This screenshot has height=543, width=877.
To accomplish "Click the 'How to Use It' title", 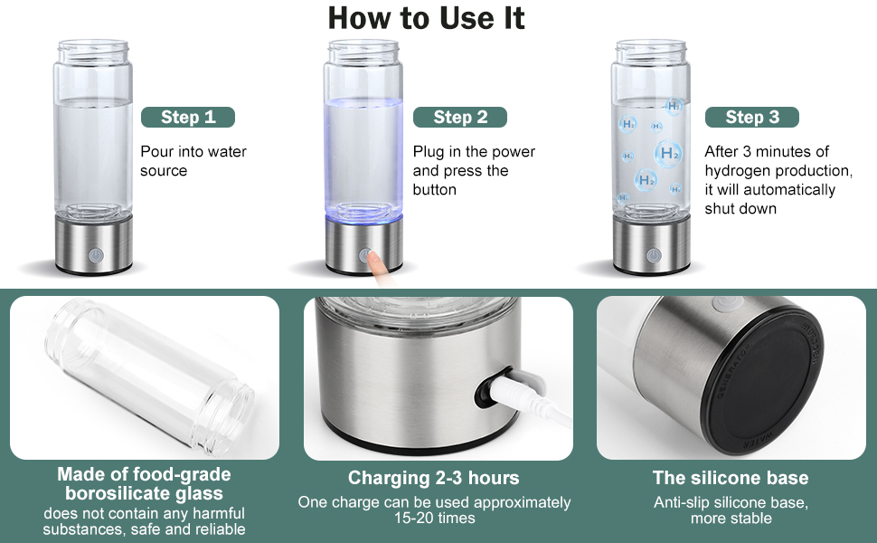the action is point(426,18).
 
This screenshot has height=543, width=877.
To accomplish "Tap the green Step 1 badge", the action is point(188,117).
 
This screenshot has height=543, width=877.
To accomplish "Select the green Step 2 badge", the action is point(460,117).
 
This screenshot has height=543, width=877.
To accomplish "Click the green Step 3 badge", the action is point(752,117).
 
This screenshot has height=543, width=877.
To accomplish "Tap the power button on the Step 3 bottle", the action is point(654,256).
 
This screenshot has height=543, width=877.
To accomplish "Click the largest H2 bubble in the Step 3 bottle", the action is point(668,153).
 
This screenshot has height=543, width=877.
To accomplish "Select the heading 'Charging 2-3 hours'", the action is point(433,478).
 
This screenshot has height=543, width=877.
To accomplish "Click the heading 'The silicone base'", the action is point(731,478).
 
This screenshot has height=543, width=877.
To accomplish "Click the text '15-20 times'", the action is point(435,518).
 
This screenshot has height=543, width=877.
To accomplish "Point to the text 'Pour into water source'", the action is point(193,161).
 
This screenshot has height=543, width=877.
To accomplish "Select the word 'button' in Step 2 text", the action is point(435,190).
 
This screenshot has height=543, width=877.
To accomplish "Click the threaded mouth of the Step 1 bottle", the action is point(93,52).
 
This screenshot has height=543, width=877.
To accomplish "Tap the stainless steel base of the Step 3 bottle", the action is point(651,245).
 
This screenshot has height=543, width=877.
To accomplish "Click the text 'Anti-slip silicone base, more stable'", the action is point(731,510).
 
